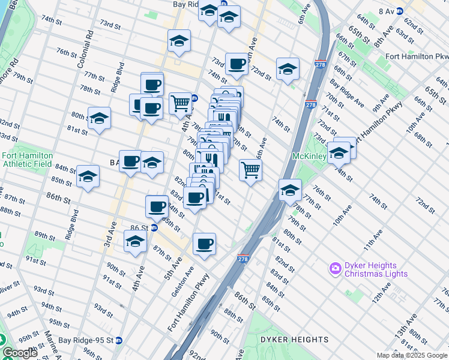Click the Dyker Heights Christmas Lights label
tap(376, 269)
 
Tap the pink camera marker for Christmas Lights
tap(335, 268)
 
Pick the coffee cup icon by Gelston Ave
tap(204, 244)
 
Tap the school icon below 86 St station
tap(135, 242)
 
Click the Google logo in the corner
tap(19, 353)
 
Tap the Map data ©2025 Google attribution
tap(411, 355)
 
